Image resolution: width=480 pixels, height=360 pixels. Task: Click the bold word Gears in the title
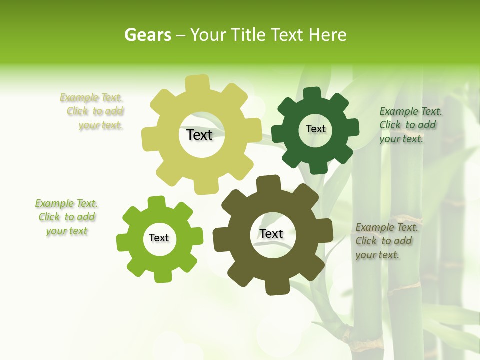coord(147,35)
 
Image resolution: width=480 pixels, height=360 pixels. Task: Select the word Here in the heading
coord(328,35)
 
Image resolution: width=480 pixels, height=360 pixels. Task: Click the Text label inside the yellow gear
coord(199,135)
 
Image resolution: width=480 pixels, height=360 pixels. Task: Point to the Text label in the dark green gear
coord(315,129)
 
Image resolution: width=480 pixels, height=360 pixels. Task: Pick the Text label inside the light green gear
coord(159,238)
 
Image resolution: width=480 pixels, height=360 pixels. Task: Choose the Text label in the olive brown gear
coord(271,233)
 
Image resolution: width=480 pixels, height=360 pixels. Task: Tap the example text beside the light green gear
coord(66,217)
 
